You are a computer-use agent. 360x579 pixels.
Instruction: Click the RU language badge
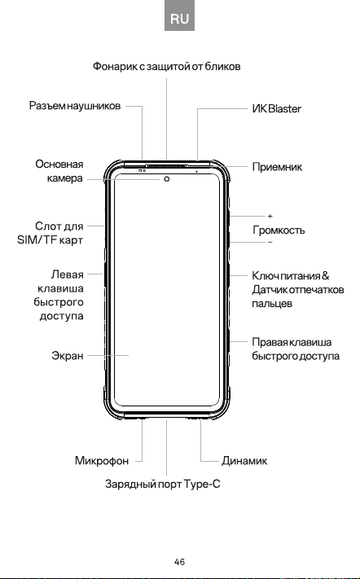tap(179, 17)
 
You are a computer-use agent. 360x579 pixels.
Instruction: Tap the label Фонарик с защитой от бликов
tap(166, 67)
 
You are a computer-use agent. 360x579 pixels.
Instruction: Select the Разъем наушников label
tap(75, 106)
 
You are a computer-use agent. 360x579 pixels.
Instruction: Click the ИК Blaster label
tap(277, 108)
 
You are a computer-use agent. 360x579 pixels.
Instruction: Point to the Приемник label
tap(277, 167)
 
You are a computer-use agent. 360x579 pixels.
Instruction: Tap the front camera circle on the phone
tap(167, 178)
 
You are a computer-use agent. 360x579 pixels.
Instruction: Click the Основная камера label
tap(59, 171)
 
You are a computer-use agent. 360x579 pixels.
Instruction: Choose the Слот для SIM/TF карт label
tap(50, 233)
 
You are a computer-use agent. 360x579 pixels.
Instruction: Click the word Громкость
tap(279, 230)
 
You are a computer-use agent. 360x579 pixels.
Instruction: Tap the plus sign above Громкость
tap(270, 216)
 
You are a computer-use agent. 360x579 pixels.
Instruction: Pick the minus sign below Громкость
tap(270, 242)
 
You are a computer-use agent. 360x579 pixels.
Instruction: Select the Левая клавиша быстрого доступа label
tap(59, 295)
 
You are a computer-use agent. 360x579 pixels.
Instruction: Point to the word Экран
tap(68, 356)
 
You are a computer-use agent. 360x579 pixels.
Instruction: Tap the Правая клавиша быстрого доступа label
tap(296, 349)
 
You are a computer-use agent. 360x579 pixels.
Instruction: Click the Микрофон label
tap(102, 461)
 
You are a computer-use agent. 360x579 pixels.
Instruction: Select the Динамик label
tap(244, 461)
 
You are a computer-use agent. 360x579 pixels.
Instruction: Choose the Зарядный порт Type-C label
tap(162, 484)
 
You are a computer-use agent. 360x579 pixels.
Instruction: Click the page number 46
tap(179, 562)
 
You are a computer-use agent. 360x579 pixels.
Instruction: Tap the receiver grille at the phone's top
tap(167, 166)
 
